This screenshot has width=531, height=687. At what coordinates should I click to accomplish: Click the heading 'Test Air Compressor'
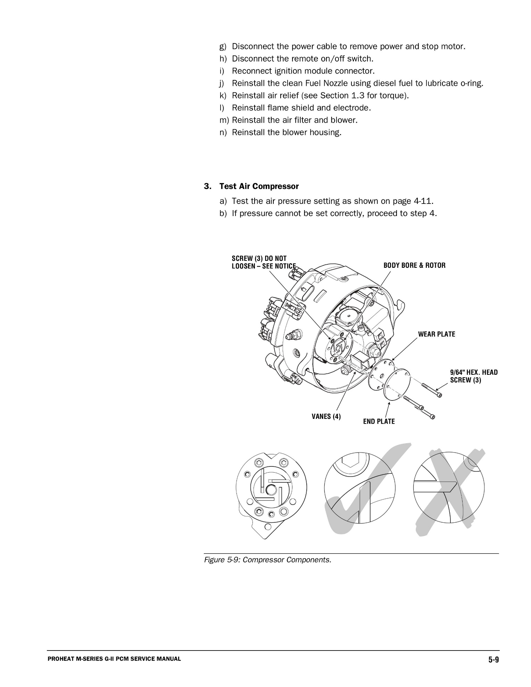(259, 187)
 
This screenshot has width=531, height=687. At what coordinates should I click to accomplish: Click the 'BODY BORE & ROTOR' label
(414, 265)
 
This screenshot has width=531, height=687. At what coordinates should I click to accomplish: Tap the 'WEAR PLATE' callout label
(436, 334)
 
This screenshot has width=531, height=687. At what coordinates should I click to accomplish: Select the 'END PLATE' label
(379, 421)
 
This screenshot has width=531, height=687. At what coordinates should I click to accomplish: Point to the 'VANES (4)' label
(326, 416)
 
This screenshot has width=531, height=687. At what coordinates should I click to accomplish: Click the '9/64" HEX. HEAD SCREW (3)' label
(473, 376)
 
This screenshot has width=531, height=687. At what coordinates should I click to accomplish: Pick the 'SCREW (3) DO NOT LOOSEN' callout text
(264, 262)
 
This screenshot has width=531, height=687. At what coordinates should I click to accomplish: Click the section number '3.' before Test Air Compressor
(207, 187)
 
